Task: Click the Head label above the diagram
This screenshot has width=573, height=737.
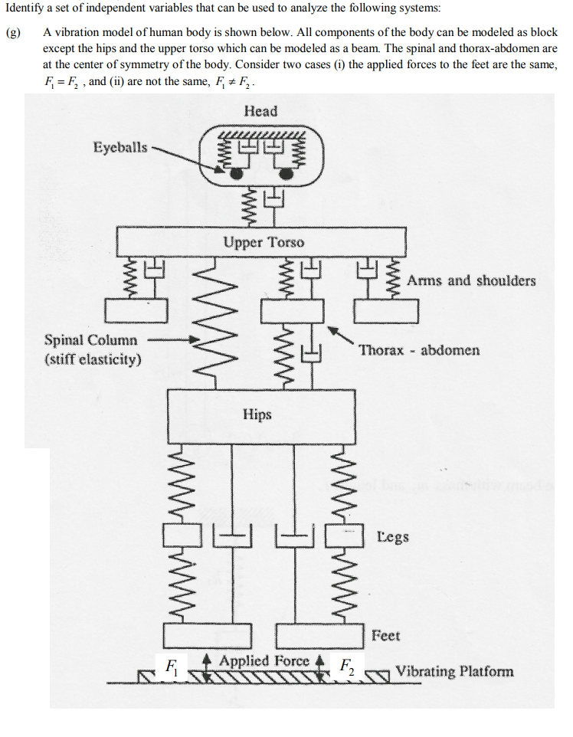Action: tap(260, 111)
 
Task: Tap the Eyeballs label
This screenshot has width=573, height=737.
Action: tap(120, 147)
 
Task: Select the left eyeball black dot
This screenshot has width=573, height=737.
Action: tap(237, 175)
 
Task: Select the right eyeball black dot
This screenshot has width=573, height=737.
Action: tap(286, 175)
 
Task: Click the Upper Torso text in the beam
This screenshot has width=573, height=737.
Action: tap(264, 243)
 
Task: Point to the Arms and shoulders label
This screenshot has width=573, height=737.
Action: tap(471, 280)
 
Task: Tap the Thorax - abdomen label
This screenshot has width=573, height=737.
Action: tap(419, 350)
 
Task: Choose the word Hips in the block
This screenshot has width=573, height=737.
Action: tap(257, 414)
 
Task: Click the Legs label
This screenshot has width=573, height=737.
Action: tap(393, 536)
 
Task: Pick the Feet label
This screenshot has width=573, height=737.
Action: tap(385, 635)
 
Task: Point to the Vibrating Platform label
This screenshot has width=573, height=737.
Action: tap(454, 672)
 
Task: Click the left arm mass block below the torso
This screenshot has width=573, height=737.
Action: tap(139, 310)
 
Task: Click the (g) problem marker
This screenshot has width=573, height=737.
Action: tap(12, 34)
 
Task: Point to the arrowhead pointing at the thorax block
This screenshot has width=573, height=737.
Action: tap(332, 329)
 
